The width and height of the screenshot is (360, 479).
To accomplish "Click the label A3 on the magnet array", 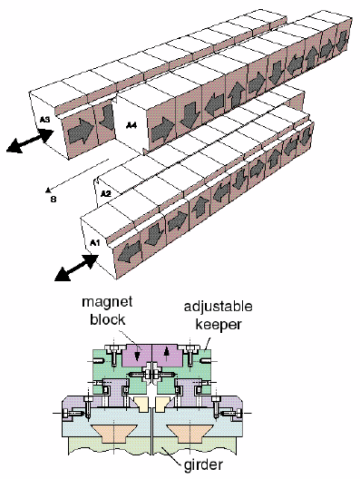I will (x=45, y=118).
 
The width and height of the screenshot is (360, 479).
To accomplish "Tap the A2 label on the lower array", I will (x=105, y=193).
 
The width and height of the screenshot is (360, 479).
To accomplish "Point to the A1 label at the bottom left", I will (x=94, y=243).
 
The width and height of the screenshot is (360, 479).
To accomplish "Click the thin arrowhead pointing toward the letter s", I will (x=45, y=190).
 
